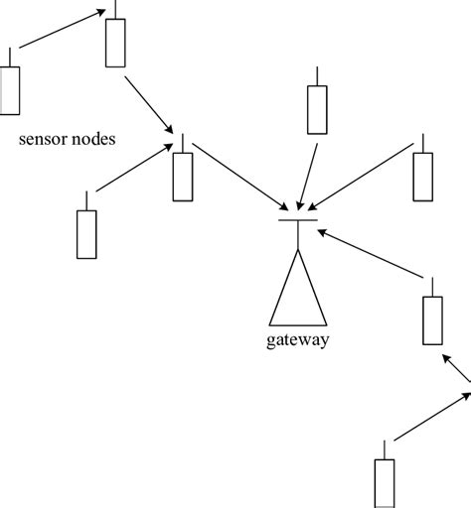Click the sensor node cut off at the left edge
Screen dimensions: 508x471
10,90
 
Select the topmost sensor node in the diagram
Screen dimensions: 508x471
116,42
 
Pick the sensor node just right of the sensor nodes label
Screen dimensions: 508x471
182,177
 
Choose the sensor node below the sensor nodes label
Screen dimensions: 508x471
87,234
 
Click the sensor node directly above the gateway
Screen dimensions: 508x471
316,109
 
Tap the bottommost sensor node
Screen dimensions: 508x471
385,483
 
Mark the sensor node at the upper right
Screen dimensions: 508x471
424,177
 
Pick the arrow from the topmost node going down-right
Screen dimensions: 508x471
149,106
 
